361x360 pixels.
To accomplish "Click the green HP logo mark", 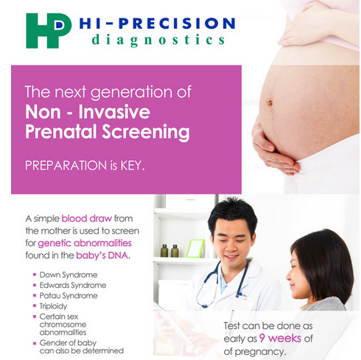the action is [49, 31].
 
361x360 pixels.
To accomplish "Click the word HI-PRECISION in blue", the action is [157, 24].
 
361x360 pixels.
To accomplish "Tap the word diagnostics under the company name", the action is [158, 40].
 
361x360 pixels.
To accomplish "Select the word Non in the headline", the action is [43, 112].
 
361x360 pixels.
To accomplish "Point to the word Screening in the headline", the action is [146, 133].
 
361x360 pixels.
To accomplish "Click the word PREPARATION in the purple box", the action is [66, 166].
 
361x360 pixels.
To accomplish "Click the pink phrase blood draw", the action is [87, 219].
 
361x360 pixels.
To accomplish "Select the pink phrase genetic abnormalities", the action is [85, 243].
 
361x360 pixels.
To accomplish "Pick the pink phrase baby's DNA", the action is [102, 255].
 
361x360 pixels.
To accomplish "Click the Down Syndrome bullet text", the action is [69, 275].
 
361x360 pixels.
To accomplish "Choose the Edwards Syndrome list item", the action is [73, 285].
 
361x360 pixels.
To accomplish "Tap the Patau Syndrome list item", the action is [69, 296].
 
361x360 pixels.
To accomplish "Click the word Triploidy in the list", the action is [53, 306].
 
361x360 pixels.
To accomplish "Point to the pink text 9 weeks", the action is [280, 339].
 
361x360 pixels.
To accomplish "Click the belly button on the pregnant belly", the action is [270, 102].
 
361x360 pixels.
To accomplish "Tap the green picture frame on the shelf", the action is [195, 248].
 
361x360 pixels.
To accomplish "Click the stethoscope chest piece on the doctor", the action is [204, 305].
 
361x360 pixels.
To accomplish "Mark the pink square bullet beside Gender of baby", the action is [35, 343].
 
